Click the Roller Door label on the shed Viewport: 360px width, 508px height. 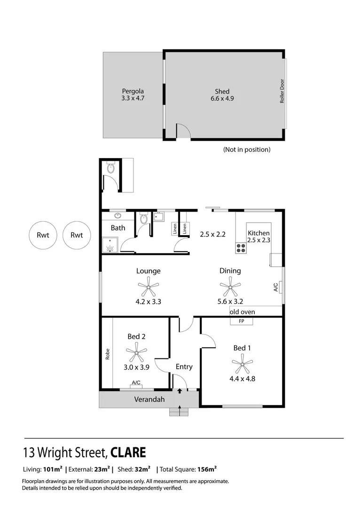click(x=282, y=91)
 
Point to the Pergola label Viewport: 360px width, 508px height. click(x=133, y=91)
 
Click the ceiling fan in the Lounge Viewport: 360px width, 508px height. click(x=149, y=286)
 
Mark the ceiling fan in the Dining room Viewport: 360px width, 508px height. click(x=230, y=286)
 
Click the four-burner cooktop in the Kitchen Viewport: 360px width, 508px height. click(x=241, y=248)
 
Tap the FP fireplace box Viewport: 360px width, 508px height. click(x=242, y=321)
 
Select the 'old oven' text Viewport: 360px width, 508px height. click(x=242, y=312)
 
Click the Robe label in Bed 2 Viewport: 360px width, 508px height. click(x=107, y=354)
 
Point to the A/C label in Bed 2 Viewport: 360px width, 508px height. click(x=136, y=382)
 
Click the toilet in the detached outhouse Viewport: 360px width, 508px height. click(x=111, y=168)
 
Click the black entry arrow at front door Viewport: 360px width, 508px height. click(x=180, y=391)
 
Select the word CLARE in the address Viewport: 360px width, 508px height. click(x=128, y=453)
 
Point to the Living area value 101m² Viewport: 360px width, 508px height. click(x=53, y=469)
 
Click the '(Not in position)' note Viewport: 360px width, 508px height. click(x=247, y=150)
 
